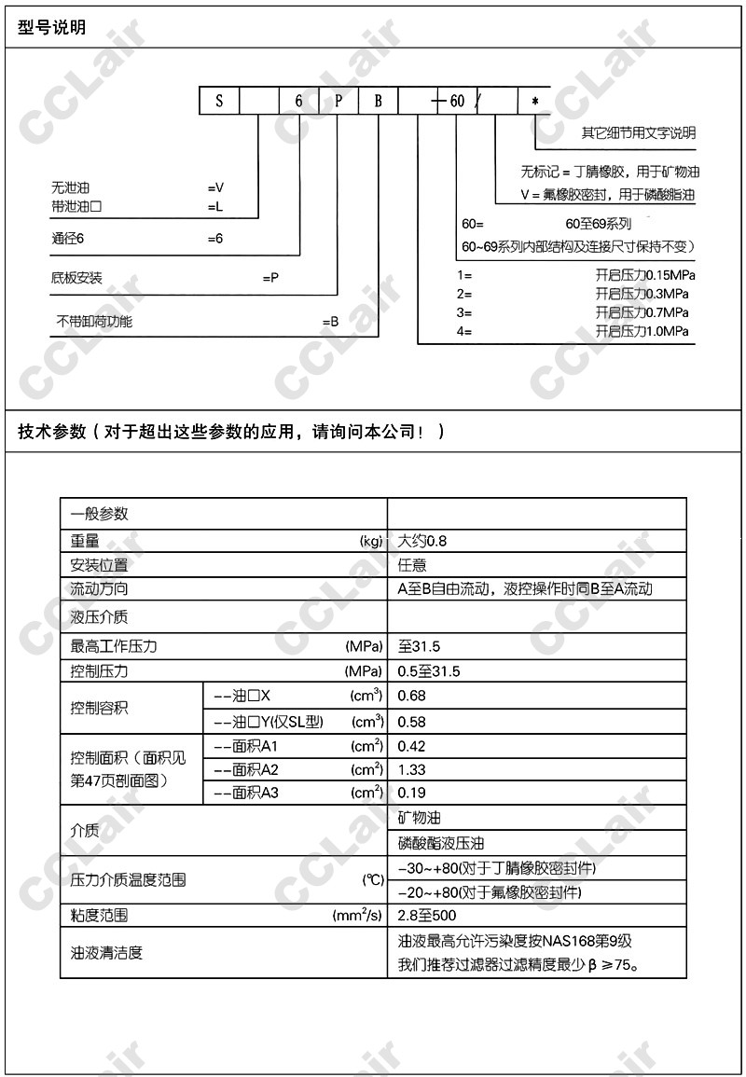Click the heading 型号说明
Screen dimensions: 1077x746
point(51,27)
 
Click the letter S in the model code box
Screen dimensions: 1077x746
point(220,101)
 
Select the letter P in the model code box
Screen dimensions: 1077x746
point(338,101)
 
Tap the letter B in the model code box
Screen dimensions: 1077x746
point(379,101)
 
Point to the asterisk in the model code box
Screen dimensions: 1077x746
point(534,101)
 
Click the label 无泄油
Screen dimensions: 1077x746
point(71,188)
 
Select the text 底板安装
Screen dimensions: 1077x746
point(76,278)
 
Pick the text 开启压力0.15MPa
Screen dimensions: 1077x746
point(645,275)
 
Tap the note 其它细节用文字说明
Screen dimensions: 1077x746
point(639,133)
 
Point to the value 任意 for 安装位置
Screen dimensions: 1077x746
point(412,565)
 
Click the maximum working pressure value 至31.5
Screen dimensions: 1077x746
point(419,646)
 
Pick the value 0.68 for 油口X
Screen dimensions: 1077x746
point(412,696)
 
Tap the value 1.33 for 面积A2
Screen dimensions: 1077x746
point(412,769)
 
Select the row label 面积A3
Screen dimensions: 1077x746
point(246,794)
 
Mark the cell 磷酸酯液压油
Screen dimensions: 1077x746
point(441,843)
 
